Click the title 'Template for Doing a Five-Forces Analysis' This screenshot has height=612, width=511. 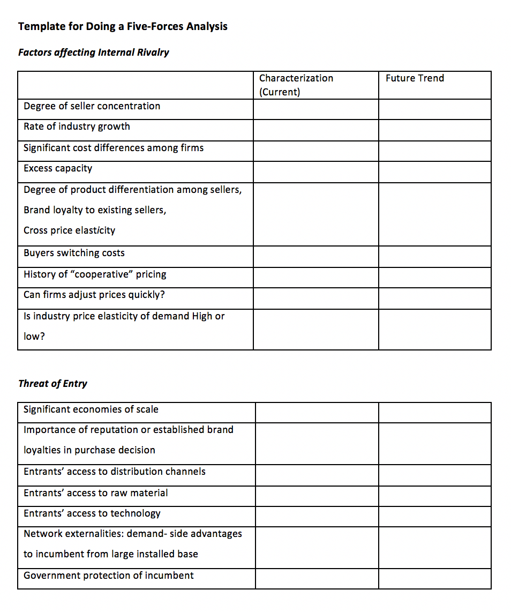point(123,26)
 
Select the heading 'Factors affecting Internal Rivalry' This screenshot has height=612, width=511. point(93,53)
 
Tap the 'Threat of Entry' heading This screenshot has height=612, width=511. point(52,384)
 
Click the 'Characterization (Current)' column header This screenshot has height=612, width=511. point(296,85)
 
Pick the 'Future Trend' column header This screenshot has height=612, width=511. point(415,78)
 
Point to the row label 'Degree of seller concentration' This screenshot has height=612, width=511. point(92,106)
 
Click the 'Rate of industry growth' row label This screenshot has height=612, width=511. point(77,126)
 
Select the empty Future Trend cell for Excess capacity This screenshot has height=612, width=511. point(434,172)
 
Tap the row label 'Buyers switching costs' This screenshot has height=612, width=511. point(74,253)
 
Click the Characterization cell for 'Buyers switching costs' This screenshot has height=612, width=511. point(315,257)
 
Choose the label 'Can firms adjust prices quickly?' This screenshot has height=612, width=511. point(94,295)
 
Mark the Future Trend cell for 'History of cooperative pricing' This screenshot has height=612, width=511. point(434,278)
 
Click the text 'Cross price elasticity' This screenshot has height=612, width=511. point(69,230)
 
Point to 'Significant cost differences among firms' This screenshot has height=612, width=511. point(114,148)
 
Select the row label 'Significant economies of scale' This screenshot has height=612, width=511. point(91,409)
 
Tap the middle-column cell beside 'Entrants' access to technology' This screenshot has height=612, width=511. point(317,517)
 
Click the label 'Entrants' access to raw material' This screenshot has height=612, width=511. point(95,493)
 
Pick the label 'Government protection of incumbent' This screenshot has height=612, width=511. point(109,576)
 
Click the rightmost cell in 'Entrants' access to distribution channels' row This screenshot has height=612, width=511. point(434,475)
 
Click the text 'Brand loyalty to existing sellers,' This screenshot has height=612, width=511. point(95,210)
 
